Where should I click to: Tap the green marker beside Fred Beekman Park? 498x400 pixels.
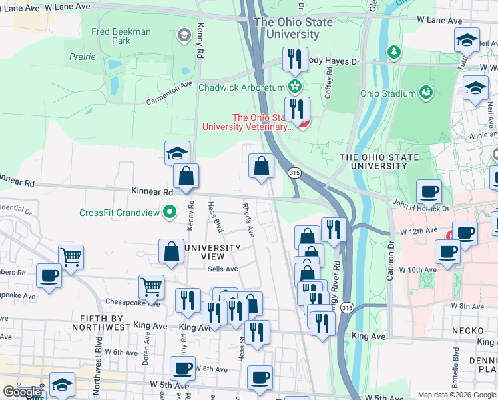click(184, 34)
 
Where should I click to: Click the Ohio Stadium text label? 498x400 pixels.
click(387, 93)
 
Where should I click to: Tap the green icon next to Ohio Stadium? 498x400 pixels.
click(426, 93)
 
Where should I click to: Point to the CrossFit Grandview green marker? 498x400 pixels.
click(170, 213)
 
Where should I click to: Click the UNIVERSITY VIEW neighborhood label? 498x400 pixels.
click(212, 248)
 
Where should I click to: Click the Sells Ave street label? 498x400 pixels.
click(222, 269)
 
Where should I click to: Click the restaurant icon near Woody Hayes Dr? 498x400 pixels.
click(294, 59)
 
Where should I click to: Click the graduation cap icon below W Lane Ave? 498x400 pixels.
click(467, 40)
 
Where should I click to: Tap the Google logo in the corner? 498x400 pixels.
click(23, 392)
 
